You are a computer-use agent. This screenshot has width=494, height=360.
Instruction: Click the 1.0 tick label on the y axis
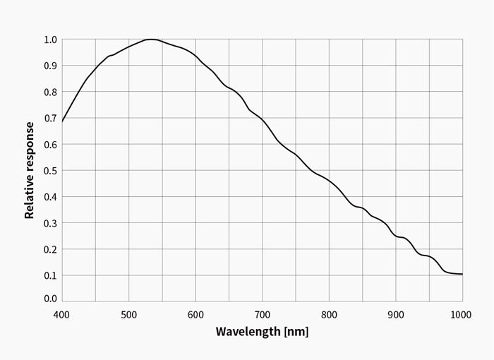point(49,40)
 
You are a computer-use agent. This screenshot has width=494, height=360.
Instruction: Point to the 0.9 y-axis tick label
point(49,66)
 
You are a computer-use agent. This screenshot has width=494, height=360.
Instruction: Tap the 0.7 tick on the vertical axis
point(49,119)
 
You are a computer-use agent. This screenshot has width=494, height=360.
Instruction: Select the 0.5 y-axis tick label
point(49,171)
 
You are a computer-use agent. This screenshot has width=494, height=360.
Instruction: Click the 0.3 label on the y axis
point(49,223)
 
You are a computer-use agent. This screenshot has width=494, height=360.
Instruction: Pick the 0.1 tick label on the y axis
point(49,276)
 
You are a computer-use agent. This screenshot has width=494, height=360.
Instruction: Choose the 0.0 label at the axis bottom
point(49,299)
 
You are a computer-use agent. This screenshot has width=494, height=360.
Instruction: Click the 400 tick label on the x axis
point(61,313)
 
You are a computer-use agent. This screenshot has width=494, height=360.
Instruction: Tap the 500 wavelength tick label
point(128,313)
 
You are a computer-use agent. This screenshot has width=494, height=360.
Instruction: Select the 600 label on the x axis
point(195,313)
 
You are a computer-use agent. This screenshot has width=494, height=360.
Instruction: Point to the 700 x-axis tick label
point(262,313)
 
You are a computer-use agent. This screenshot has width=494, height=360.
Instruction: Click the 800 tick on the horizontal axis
point(329,313)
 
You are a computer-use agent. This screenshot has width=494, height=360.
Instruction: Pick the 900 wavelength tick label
point(396,313)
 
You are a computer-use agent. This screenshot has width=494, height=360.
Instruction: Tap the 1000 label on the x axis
point(462,313)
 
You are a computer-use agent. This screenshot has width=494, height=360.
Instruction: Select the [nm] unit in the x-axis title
point(295,332)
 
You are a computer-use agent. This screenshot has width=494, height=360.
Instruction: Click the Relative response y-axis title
point(30,170)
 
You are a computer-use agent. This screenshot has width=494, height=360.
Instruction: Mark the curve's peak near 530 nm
point(150,40)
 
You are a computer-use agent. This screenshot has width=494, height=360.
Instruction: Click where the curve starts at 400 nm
point(62,121)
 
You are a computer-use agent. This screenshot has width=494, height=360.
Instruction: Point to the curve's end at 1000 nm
point(462,274)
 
